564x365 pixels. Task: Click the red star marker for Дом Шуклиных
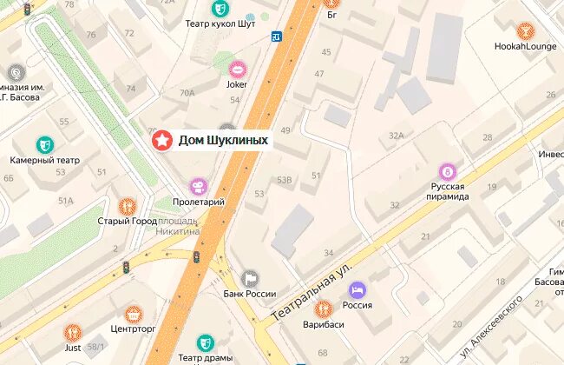pos(161,139)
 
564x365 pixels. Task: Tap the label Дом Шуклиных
pos(222,140)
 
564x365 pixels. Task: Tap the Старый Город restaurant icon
pos(128,206)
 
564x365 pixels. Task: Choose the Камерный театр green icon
pos(43,144)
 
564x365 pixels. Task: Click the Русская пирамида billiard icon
pos(448,172)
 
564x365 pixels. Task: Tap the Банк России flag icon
pos(250,278)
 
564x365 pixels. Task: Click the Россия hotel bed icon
pos(358,289)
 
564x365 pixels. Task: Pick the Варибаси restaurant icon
pos(323,308)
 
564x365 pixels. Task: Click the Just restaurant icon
pos(73,332)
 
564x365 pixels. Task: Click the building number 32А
pos(397,135)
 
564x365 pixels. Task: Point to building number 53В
pos(283,179)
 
